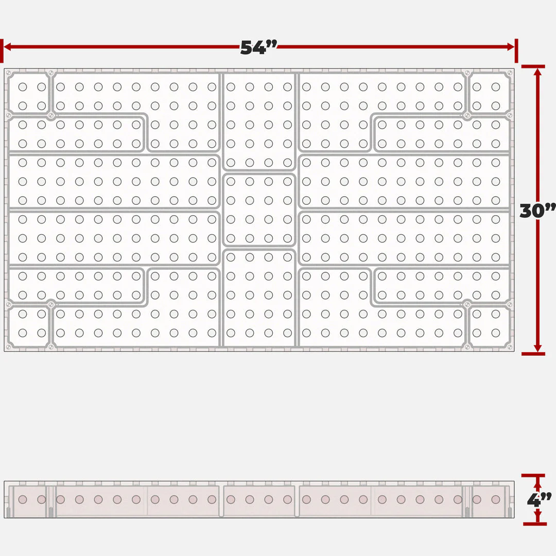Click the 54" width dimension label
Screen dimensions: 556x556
pyautogui.click(x=258, y=47)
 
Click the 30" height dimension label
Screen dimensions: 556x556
pyautogui.click(x=537, y=211)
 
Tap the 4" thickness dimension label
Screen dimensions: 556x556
pyautogui.click(x=539, y=500)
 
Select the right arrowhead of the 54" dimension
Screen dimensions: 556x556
pyautogui.click(x=511, y=47)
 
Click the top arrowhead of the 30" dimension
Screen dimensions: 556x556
pyautogui.click(x=537, y=72)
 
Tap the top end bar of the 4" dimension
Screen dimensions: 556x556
pyautogui.click(x=533, y=475)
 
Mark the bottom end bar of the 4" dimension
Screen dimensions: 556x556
pyautogui.click(x=535, y=524)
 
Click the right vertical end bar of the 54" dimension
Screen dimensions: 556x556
pyautogui.click(x=516, y=50)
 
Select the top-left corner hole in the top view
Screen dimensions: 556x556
pyautogui.click(x=23, y=87)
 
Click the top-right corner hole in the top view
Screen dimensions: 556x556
pyautogui.click(x=496, y=87)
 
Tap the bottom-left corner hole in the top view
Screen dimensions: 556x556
pyautogui.click(x=23, y=333)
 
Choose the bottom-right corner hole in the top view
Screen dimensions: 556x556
pyautogui.click(x=496, y=333)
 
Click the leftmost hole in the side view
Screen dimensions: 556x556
pyautogui.click(x=23, y=499)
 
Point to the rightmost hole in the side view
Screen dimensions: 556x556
pyautogui.click(x=496, y=499)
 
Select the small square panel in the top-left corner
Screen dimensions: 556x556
pyautogui.click(x=29, y=93)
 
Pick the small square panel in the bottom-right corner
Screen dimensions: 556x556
pyautogui.click(x=490, y=326)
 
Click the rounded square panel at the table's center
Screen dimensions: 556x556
pyautogui.click(x=259, y=210)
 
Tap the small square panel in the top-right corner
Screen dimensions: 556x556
pyautogui.click(x=490, y=93)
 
